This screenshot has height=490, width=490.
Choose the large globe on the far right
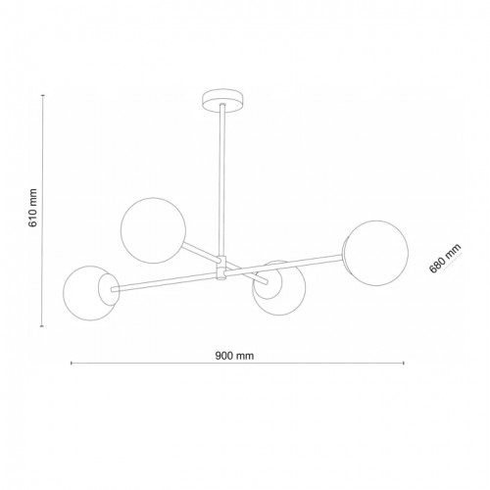point(375,255)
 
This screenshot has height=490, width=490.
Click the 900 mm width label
point(235,355)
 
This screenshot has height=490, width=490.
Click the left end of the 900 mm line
point(72,365)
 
